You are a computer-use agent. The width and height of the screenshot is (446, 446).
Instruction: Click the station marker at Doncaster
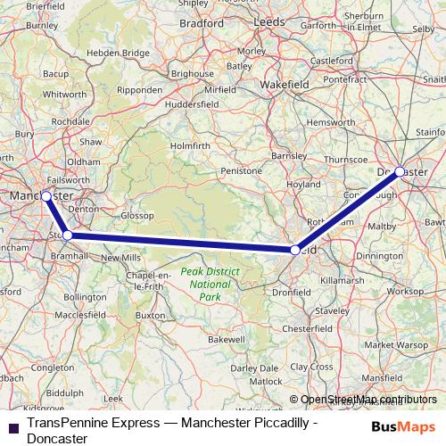400,170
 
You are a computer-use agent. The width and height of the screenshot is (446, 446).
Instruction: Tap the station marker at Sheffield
295,251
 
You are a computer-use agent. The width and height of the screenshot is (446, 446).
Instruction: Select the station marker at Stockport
67,235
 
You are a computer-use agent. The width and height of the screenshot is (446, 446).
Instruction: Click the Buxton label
150,316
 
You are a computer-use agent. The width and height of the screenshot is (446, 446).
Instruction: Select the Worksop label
405,291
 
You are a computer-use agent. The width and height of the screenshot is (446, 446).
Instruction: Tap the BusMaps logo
403,426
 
